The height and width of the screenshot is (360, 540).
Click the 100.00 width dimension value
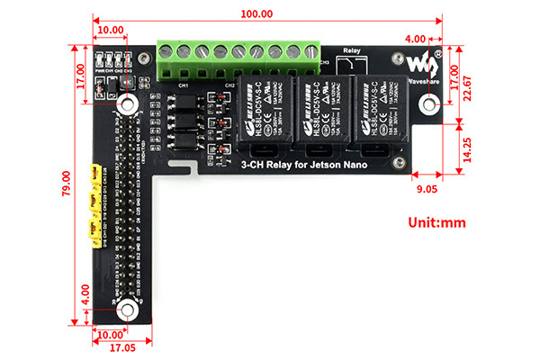click(256, 14)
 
